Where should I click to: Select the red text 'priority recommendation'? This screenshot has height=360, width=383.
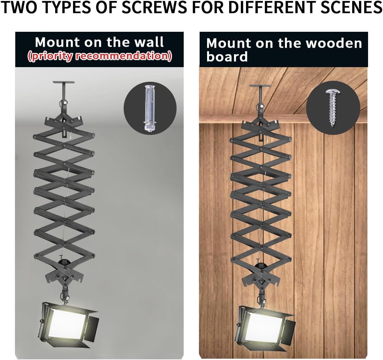click(100, 56)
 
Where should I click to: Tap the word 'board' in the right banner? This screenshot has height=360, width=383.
click(227, 57)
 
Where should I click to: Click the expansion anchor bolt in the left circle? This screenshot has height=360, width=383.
click(148, 108)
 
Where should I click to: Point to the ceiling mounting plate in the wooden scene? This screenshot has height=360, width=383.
click(260, 86)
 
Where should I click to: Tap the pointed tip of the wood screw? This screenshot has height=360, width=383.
click(332, 126)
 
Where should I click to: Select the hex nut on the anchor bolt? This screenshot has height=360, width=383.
click(148, 128)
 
